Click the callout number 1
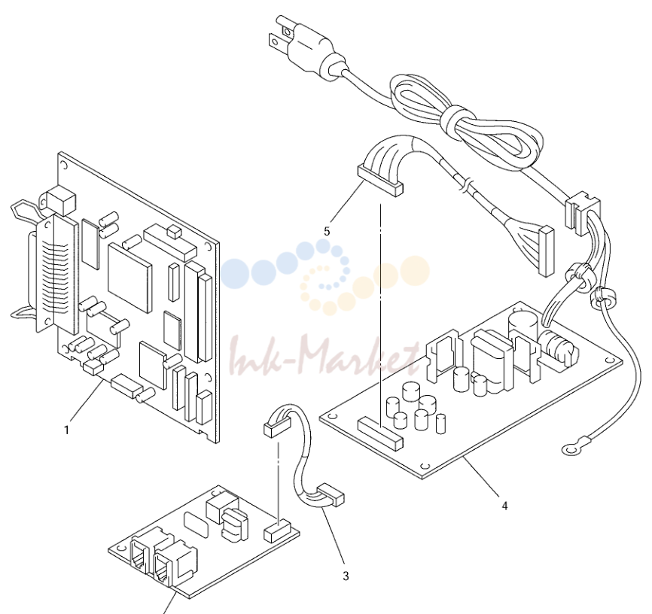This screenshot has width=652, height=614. [66, 430]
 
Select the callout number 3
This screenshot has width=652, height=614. [346, 576]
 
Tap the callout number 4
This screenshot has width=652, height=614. [504, 506]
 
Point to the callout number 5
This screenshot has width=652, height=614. [327, 232]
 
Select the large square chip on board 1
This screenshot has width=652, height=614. [129, 277]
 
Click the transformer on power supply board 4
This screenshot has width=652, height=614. [491, 360]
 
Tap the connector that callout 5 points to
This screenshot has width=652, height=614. [380, 181]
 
